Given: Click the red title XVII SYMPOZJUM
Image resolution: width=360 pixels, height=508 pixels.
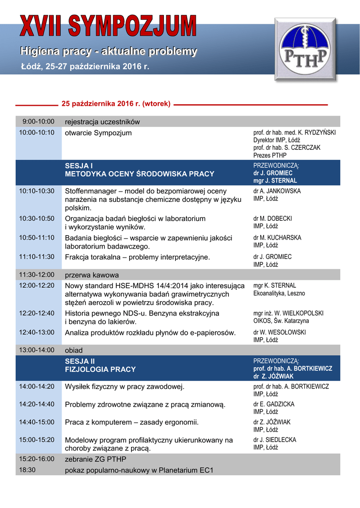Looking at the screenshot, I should (x=108, y=25).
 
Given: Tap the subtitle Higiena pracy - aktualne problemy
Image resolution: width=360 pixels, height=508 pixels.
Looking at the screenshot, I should (x=108, y=51).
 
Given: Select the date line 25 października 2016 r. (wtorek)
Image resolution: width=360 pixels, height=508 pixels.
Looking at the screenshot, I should (x=116, y=104).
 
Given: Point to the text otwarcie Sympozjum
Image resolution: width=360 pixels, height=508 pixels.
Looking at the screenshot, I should (x=98, y=133).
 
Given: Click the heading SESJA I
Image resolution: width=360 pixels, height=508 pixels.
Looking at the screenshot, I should (x=79, y=165).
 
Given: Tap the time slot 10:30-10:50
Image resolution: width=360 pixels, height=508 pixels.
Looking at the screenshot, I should (x=37, y=218).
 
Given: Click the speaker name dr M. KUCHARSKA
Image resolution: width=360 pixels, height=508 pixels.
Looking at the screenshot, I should (x=277, y=238).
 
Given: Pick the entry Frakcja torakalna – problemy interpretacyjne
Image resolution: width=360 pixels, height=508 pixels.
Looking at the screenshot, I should (x=138, y=257).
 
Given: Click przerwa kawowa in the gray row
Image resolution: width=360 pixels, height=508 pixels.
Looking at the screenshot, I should (x=92, y=275).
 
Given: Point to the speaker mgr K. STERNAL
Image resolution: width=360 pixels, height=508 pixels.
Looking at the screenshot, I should (x=275, y=286).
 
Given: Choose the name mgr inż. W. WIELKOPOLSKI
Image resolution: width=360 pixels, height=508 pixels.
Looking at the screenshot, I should (x=288, y=314).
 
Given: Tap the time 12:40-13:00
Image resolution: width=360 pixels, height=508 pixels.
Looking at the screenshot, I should (x=37, y=332).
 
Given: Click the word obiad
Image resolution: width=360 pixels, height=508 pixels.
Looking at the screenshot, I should (x=74, y=350).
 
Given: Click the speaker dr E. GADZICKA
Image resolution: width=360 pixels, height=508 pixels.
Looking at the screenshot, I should (x=274, y=404).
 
